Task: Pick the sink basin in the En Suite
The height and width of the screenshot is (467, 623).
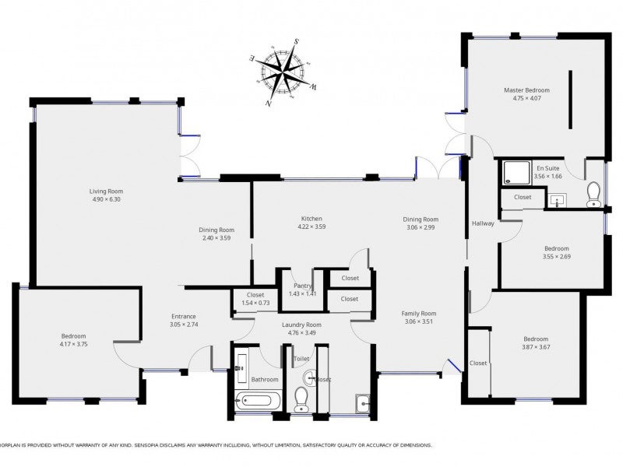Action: (558, 201)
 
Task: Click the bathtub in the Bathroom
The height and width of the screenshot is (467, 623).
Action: (256, 402)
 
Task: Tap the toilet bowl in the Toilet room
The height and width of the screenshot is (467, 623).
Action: (301, 399)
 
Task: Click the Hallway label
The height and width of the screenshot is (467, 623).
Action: (483, 223)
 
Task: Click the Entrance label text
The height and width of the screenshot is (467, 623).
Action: (185, 316)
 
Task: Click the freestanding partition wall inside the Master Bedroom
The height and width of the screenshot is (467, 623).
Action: (570, 100)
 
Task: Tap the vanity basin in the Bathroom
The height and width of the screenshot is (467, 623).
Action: (241, 363)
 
